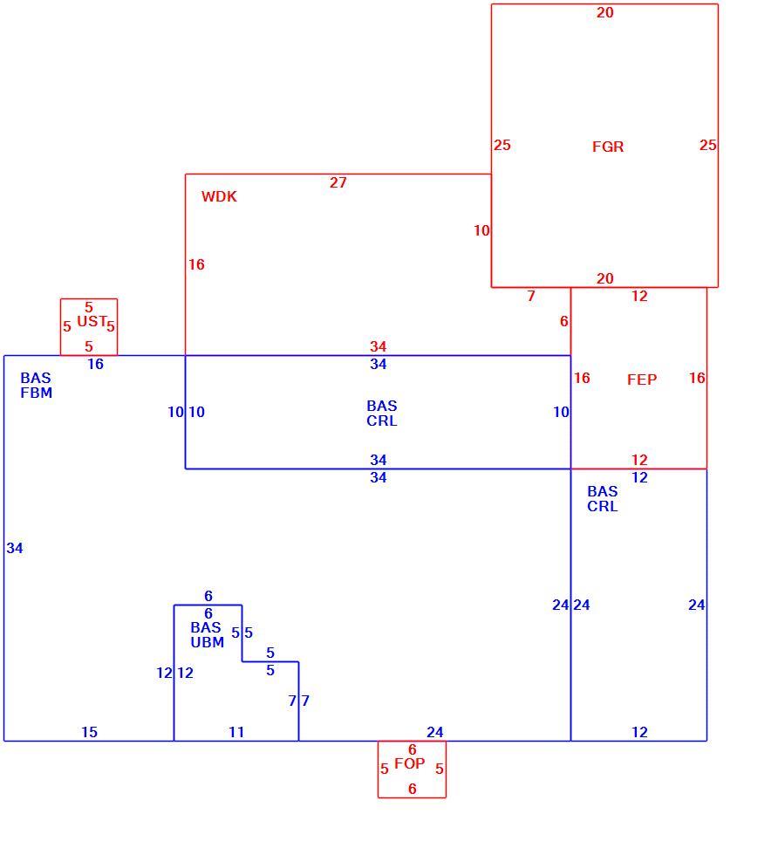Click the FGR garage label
tap(608, 147)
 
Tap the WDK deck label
tap(219, 197)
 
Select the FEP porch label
tap(642, 380)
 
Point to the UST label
tap(92, 321)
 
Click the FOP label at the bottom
tap(409, 763)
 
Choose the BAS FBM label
tap(36, 386)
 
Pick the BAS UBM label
tap(208, 635)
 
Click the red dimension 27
tap(338, 182)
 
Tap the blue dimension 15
tap(90, 732)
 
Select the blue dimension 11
tap(236, 732)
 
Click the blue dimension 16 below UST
tap(95, 365)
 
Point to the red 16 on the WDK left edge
tap(196, 264)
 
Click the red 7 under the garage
tap(531, 296)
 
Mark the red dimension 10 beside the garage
tap(481, 230)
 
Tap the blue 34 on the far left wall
tap(15, 548)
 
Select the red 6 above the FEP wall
tap(563, 321)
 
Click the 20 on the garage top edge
tap(604, 12)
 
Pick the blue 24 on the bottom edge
tap(434, 732)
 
